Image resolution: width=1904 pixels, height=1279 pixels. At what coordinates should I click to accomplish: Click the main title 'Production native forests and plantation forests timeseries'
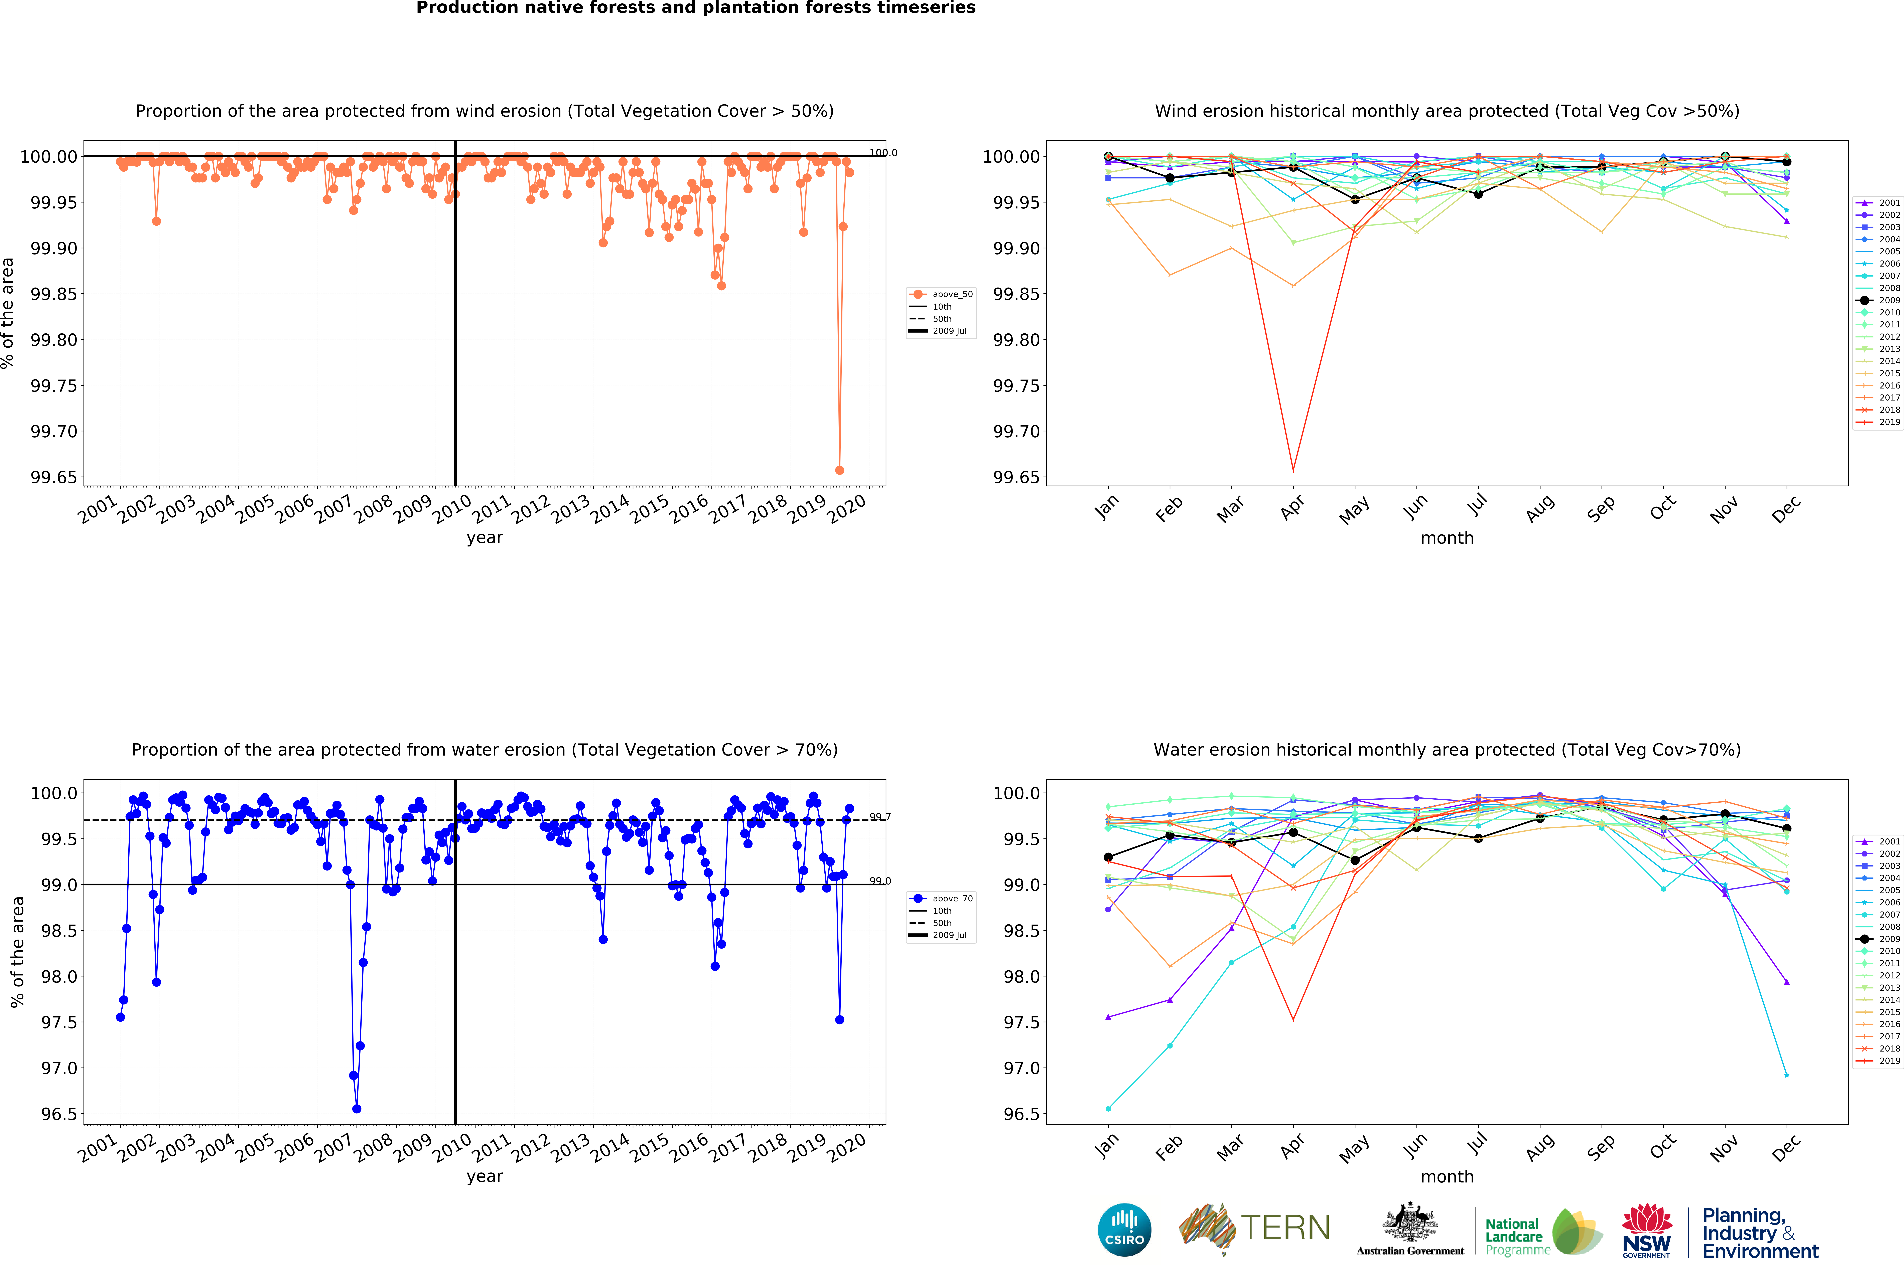tap(696, 8)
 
